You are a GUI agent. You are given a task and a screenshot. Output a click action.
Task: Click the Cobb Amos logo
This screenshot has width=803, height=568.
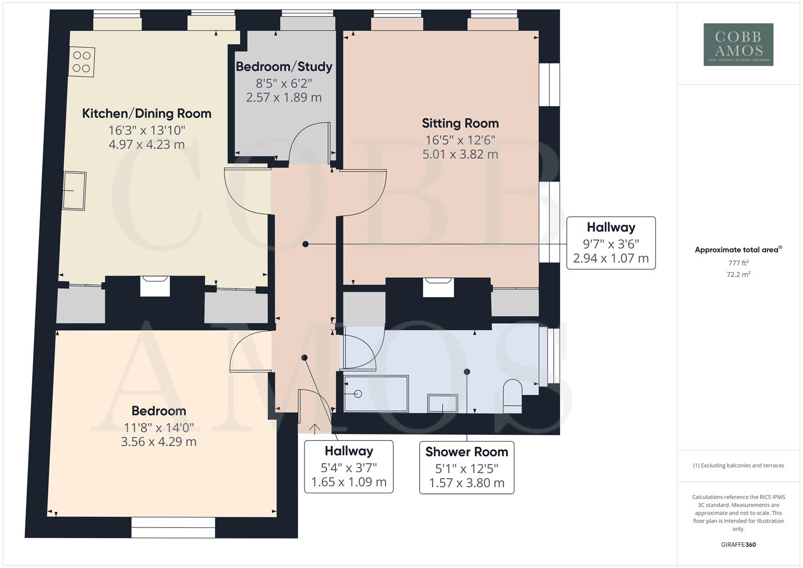738,44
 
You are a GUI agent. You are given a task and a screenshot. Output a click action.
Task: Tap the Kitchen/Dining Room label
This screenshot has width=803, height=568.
147,114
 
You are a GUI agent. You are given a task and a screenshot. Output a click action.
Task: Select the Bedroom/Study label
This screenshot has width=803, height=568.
284,67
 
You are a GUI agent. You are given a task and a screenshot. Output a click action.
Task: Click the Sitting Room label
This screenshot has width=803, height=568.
460,124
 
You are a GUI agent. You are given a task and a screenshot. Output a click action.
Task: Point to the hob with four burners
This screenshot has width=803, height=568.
82,62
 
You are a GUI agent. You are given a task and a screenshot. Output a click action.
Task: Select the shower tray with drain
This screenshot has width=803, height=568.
375,393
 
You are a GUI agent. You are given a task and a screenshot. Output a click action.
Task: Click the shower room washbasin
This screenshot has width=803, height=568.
442,403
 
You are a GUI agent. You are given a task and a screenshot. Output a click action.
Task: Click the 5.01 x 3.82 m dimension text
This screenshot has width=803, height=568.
460,155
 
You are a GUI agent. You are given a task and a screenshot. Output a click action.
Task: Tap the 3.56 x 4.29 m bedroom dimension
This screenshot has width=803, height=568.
159,442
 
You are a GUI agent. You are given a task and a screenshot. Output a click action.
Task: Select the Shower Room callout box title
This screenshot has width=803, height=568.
466,452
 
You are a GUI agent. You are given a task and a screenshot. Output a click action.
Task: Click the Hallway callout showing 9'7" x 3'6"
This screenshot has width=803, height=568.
611,243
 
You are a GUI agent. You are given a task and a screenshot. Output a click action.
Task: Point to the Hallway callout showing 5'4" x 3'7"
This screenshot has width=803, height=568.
349,466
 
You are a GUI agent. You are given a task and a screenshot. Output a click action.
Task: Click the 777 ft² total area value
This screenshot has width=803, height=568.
738,263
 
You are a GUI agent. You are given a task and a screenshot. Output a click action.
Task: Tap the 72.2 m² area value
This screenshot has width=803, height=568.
738,275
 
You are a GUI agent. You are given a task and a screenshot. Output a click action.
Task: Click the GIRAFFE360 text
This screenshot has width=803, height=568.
738,545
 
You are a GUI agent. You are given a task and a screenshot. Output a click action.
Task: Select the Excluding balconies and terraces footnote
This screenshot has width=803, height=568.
738,465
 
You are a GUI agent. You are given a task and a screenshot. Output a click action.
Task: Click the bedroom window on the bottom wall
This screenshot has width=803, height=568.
173,528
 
